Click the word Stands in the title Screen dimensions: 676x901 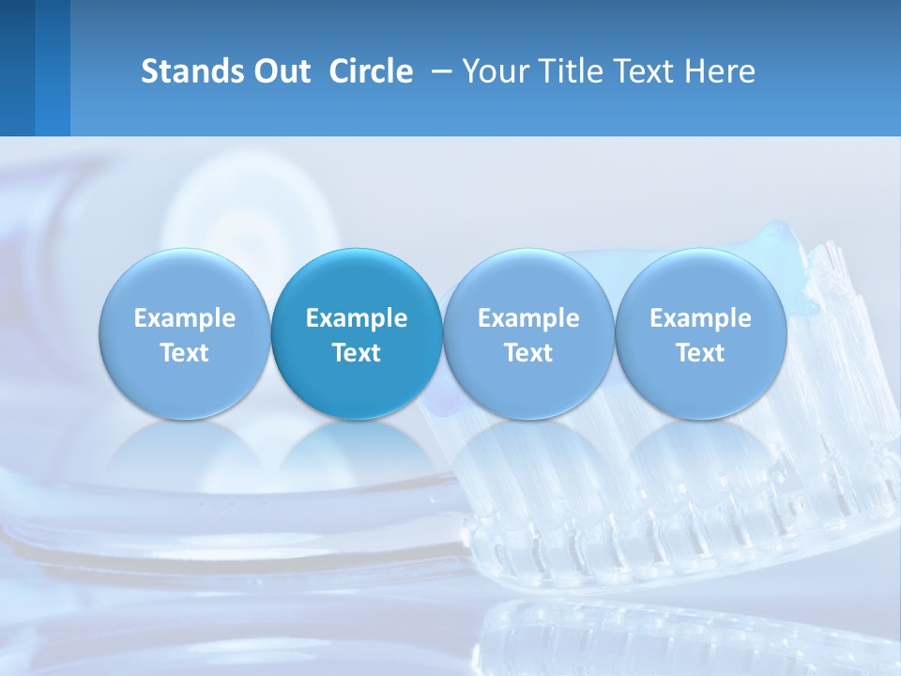191,71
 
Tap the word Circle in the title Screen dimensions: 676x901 371,71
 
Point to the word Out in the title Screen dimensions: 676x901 281,71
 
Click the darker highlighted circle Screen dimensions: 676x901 357,334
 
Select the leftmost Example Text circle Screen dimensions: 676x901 185,334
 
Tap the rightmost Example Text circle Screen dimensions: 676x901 700,334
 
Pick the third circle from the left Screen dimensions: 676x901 528,334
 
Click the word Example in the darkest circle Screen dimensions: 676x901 357,318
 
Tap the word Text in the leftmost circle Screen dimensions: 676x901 185,353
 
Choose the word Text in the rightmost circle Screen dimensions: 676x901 700,353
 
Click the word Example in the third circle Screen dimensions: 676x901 528,318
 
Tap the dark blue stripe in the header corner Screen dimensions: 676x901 17,68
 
